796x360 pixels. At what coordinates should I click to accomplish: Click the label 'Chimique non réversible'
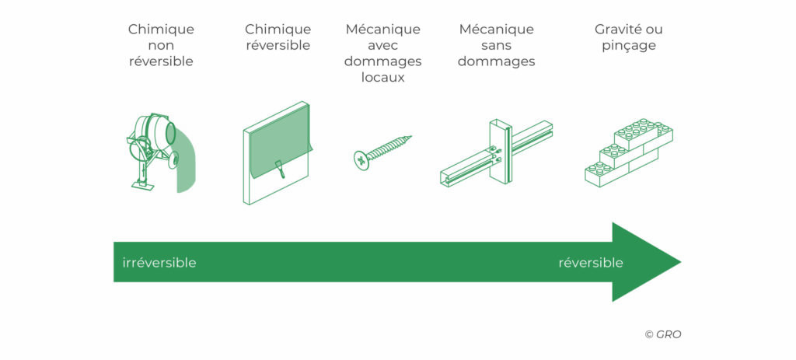161,45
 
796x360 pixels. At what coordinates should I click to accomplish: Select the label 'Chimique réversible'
278,37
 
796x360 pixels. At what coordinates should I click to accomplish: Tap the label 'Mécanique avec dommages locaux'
383,54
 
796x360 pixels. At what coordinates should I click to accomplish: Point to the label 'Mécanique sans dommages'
497,45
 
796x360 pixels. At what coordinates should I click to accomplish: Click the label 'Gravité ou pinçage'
628,37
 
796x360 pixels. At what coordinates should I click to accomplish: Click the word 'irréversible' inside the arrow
159,263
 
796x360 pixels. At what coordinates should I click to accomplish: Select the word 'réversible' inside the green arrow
591,263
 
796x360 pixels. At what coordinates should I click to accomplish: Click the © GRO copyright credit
663,334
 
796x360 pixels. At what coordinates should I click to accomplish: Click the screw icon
382,152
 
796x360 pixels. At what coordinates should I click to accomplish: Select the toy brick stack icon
628,152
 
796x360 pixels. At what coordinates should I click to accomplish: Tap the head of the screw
361,160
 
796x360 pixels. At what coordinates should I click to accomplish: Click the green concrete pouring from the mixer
185,163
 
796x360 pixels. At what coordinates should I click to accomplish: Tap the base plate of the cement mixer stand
143,186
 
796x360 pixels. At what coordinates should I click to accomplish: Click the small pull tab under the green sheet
280,169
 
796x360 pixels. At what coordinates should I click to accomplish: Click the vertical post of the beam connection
501,151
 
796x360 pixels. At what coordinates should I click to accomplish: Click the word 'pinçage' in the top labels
628,46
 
